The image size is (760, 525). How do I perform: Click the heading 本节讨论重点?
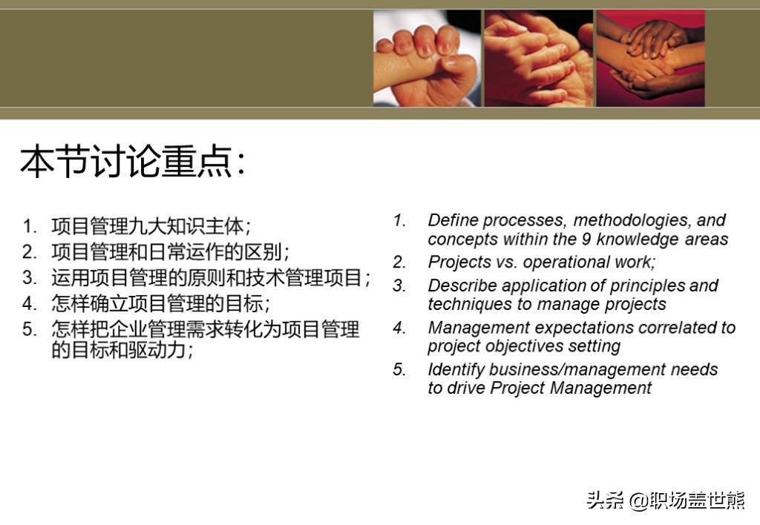click(127, 161)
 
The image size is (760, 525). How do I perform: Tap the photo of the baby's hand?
click(427, 58)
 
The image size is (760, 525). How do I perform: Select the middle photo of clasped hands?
click(539, 58)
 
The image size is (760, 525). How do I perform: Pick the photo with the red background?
click(650, 58)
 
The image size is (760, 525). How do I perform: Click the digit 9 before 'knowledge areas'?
click(586, 240)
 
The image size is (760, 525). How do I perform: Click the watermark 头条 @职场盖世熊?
click(666, 501)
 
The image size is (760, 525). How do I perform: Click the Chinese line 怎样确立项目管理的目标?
click(161, 304)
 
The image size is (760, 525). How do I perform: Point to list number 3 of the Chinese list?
click(29, 277)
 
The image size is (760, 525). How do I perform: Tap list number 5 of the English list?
click(399, 369)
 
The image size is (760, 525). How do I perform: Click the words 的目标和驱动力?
click(122, 349)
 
